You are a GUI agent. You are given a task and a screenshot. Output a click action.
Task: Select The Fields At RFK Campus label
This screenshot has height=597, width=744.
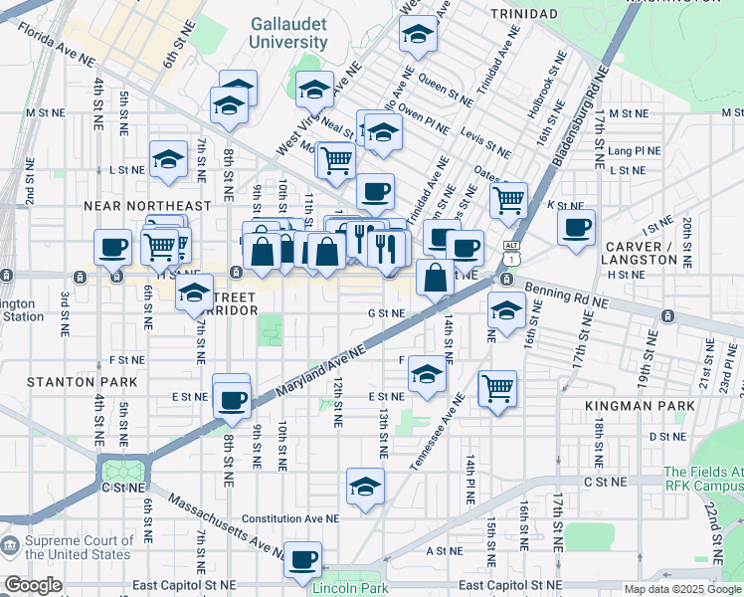702,480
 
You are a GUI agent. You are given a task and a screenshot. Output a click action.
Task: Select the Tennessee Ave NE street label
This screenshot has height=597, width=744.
438,432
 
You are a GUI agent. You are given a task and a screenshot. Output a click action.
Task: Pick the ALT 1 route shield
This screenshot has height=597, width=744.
511,252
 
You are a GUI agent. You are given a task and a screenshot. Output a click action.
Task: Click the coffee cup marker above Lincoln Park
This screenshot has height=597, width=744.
302,558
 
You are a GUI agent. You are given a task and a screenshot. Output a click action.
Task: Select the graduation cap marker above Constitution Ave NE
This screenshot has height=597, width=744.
365,487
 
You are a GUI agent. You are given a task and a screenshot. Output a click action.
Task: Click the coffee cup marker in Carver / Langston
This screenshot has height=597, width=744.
576,228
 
